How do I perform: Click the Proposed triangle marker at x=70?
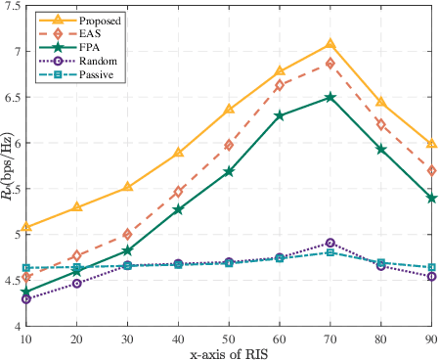[x=330, y=44]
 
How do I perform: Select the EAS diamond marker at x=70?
[x=330, y=64]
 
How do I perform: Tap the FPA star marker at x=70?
[x=330, y=97]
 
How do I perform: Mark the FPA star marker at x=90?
[x=431, y=198]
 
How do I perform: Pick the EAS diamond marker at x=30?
[x=127, y=235]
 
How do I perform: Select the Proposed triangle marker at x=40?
[x=178, y=153]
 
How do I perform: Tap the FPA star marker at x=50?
[x=229, y=171]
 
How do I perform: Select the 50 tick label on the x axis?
[x=229, y=337]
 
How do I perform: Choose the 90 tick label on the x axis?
[x=430, y=337]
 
